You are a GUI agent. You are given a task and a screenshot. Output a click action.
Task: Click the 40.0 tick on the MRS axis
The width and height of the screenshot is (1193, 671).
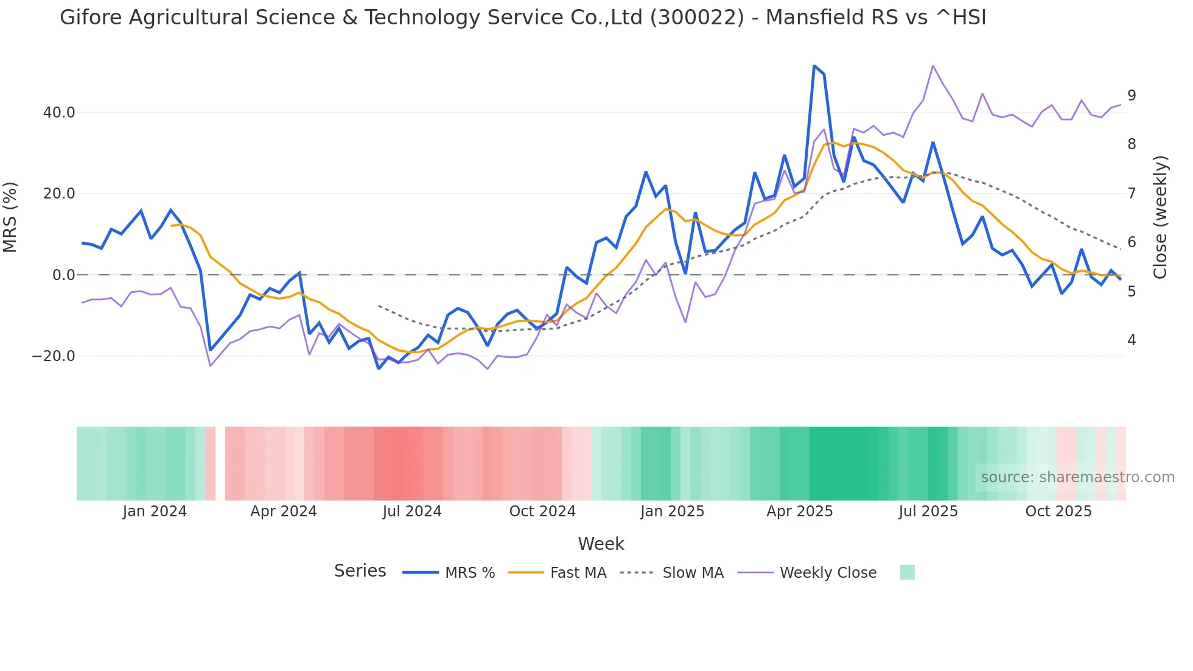coord(59,113)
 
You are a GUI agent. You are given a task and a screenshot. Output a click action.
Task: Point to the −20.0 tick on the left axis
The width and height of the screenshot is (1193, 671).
coord(54,356)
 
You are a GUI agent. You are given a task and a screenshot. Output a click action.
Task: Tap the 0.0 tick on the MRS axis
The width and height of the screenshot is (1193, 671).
coord(63,275)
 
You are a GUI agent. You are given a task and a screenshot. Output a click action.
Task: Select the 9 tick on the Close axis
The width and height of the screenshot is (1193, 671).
coord(1132,96)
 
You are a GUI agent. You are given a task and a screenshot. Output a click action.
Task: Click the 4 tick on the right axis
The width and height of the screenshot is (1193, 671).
coord(1132,340)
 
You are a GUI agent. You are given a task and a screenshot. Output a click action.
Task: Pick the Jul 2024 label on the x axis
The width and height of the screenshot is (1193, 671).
coord(412,511)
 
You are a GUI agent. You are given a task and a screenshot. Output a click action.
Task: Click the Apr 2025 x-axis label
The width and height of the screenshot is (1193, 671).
coord(799,511)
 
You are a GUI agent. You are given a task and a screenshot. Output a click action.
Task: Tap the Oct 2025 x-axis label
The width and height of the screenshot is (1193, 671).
coord(1058,511)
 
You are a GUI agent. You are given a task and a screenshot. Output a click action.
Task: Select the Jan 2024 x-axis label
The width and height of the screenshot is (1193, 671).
coord(155,511)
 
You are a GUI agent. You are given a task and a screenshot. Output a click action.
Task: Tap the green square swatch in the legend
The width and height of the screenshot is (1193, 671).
coord(907,573)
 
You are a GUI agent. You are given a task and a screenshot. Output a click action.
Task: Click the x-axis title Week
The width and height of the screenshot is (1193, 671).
coord(601,544)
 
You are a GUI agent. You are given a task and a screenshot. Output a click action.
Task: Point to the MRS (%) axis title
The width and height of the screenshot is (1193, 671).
coord(10,217)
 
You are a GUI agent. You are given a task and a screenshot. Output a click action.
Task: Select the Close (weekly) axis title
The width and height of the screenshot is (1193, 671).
coord(1160,217)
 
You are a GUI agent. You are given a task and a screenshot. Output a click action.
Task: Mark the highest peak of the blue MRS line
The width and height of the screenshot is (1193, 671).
coord(814,66)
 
